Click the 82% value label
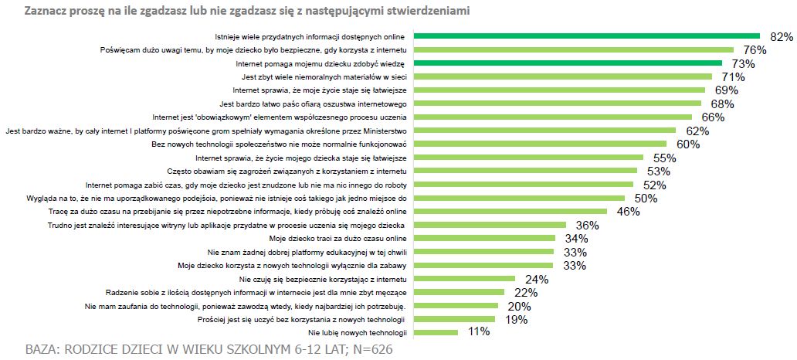[782, 37]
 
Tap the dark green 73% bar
[568, 63]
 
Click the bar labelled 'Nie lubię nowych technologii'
[436, 332]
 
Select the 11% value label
[479, 332]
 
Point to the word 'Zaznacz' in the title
[46, 12]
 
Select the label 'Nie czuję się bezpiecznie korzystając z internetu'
[323, 279]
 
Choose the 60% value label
[687, 144]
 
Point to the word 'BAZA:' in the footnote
[42, 348]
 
